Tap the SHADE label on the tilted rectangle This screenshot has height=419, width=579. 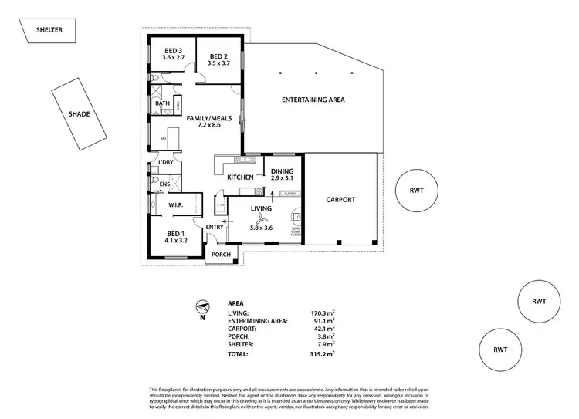[80, 113]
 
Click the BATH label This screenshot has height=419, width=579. [162, 103]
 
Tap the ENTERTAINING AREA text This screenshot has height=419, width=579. [313, 100]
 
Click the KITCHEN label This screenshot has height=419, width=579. [240, 178]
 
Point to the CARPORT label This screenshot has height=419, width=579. [340, 199]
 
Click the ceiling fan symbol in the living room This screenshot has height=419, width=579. [262, 217]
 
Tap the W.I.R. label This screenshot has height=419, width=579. [174, 205]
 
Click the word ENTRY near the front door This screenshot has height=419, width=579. [215, 226]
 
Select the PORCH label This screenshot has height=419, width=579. [222, 255]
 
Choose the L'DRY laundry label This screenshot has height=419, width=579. [164, 162]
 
